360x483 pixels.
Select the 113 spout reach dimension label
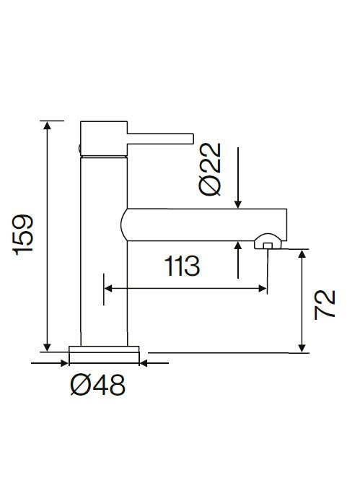point(182,267)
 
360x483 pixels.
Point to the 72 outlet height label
point(325,304)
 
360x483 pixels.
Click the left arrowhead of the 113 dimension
point(110,288)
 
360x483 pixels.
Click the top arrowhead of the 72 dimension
point(302,255)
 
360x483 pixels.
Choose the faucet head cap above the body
point(103,137)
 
